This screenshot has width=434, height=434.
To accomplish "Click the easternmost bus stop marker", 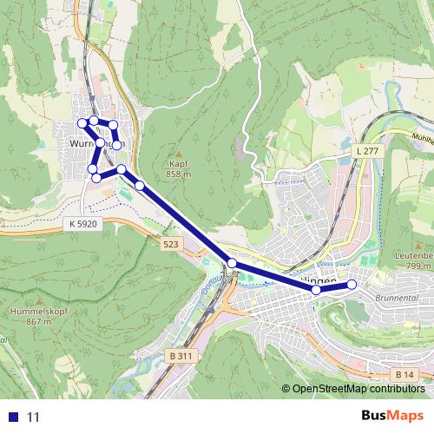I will [352, 285].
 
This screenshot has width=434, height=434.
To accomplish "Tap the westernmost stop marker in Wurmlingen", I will [83, 122].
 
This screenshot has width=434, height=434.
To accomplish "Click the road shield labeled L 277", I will [367, 151].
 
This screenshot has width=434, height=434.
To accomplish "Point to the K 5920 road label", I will [83, 223].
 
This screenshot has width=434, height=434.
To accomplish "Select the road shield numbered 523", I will [170, 246].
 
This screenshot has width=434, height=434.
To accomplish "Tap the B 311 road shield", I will [180, 356].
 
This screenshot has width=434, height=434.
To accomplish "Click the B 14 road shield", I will [402, 374].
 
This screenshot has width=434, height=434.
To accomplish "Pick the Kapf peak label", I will [179, 163].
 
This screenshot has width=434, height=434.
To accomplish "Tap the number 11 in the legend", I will [34, 417].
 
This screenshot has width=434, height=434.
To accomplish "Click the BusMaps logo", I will [391, 416].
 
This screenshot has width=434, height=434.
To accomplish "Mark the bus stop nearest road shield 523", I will [232, 262].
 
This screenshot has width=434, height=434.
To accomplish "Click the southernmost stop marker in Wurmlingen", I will [96, 177].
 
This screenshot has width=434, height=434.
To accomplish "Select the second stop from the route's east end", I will [317, 290].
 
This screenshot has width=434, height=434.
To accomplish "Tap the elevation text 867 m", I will [39, 321].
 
